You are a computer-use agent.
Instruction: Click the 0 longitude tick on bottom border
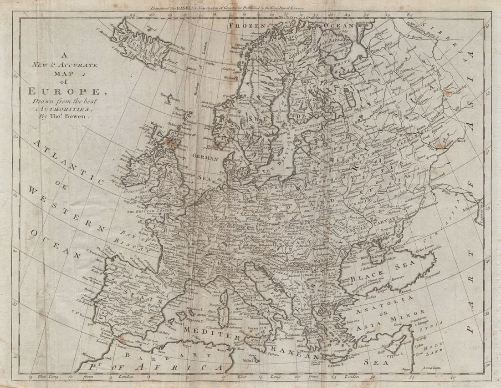148,377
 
